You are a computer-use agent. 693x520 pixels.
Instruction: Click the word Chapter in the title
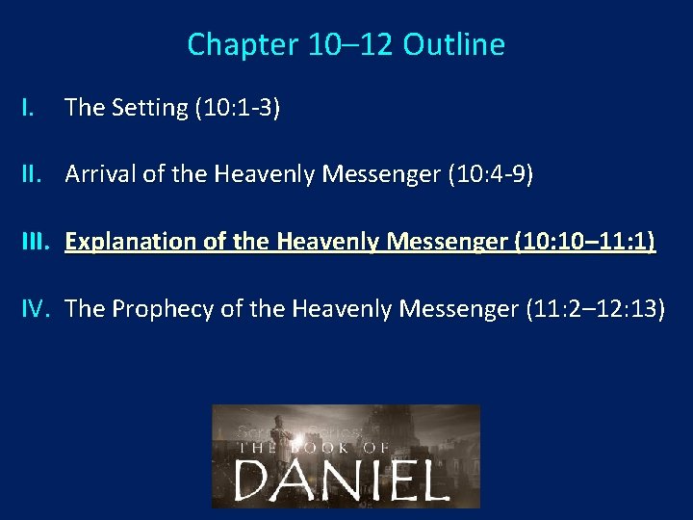click(228, 44)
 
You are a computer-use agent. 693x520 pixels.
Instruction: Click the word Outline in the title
click(453, 44)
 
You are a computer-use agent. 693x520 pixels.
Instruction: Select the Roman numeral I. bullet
click(29, 108)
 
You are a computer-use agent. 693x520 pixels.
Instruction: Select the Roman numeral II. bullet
click(34, 174)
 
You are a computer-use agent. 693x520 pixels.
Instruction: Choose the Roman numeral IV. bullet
click(37, 308)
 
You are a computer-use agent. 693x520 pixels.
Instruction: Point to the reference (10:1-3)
click(237, 108)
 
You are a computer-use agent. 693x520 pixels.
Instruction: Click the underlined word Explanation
click(123, 242)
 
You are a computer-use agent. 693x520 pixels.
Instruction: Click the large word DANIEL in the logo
click(342, 478)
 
